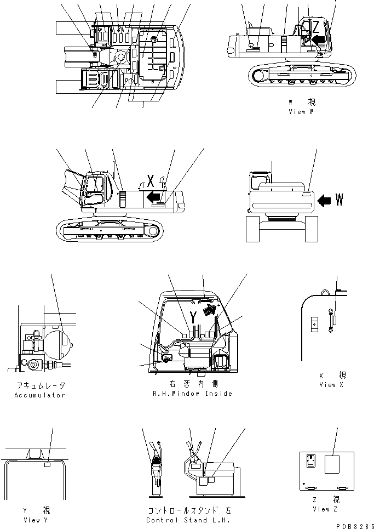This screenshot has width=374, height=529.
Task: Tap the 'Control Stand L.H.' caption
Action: tap(188, 520)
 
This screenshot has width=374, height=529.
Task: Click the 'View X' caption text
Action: tap(332, 385)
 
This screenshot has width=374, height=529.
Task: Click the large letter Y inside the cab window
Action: tap(193, 316)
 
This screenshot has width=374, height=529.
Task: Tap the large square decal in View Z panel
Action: tap(332, 465)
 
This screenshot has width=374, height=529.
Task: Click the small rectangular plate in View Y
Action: tap(48, 465)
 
